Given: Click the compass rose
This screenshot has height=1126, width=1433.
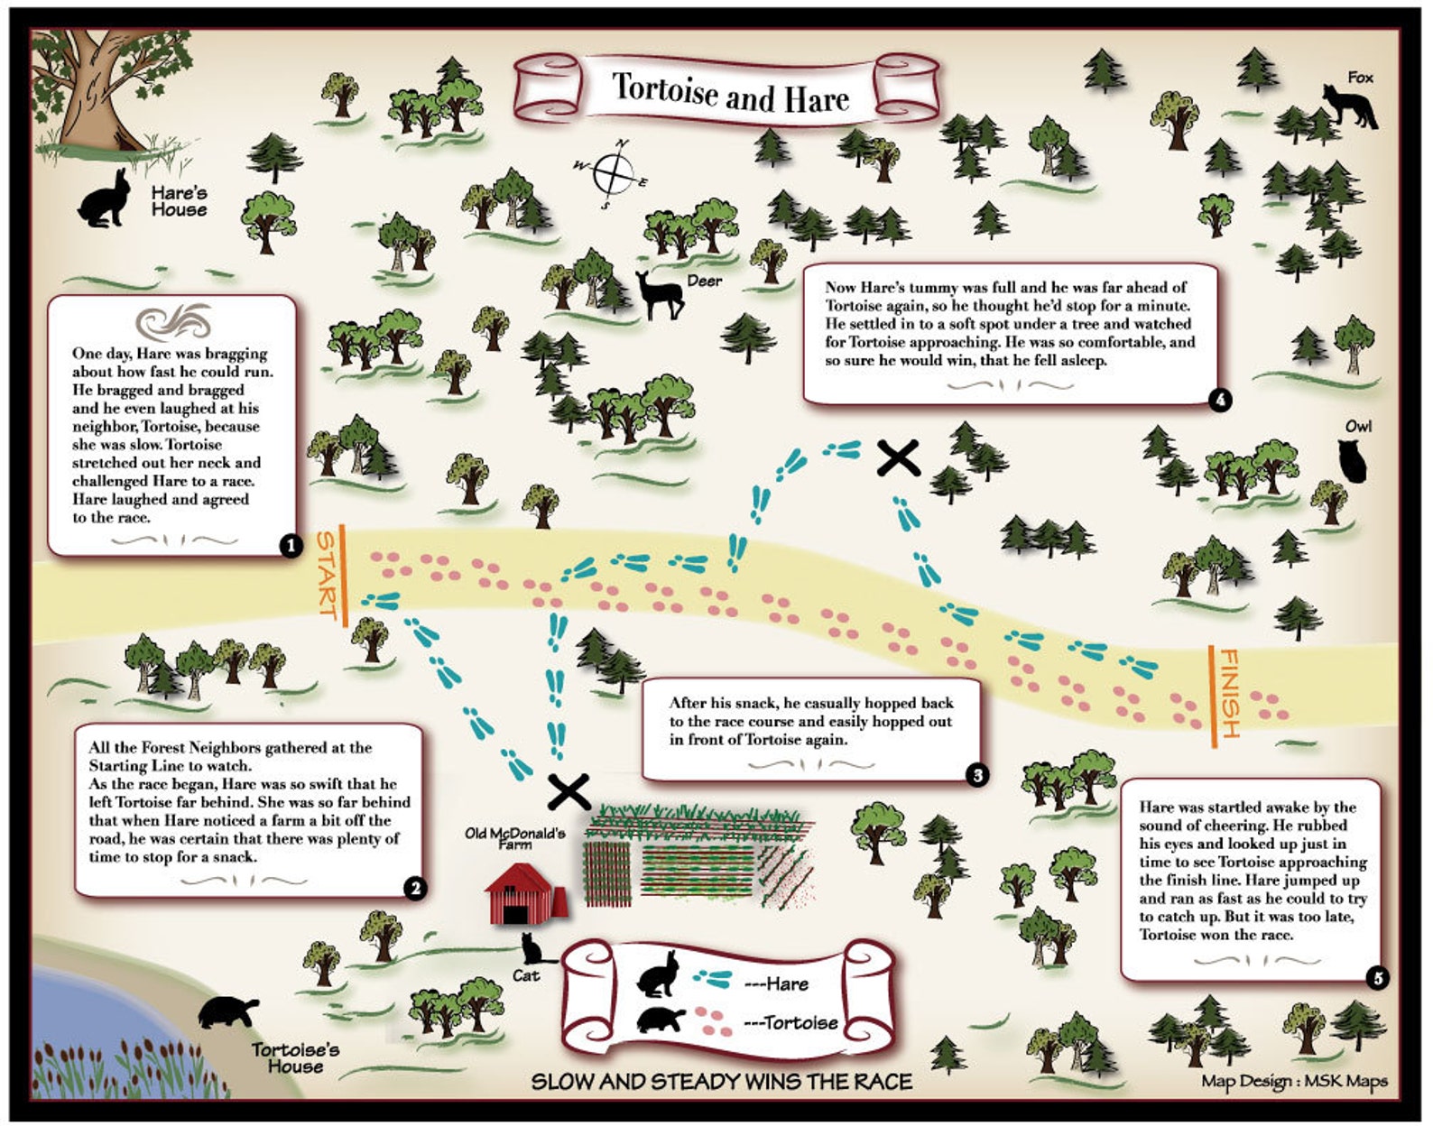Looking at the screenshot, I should click(x=613, y=171).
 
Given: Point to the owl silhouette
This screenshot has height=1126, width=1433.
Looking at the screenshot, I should click(x=1353, y=461).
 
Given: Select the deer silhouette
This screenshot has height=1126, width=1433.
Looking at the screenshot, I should click(x=659, y=294).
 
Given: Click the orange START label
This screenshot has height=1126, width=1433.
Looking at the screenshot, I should click(x=326, y=574).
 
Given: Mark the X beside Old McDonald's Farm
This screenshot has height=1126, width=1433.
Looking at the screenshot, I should click(x=569, y=792).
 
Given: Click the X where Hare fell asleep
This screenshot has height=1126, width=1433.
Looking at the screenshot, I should click(x=900, y=458).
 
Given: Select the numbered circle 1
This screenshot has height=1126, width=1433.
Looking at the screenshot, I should click(x=291, y=545).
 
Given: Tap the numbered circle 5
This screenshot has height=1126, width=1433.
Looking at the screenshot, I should click(x=1377, y=977).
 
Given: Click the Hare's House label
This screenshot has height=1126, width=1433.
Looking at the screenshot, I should click(x=179, y=201).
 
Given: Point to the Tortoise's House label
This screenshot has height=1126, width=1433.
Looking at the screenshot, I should click(x=295, y=1057).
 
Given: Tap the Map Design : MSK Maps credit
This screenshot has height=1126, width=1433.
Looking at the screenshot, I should click(x=1293, y=1081).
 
